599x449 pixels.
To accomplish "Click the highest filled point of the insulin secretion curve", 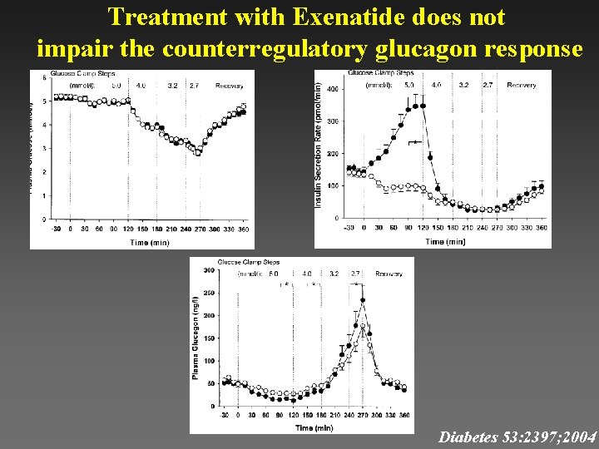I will (423, 106).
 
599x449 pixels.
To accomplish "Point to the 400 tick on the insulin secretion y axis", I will (333, 89).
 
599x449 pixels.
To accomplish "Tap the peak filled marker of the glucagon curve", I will (362, 301).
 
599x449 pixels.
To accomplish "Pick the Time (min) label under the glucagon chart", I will (314, 427).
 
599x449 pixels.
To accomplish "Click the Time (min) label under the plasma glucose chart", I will (151, 243).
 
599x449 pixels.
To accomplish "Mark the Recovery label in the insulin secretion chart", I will (521, 86).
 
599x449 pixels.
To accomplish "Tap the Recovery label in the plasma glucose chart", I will (230, 86).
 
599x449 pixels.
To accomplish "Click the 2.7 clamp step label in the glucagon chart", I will (355, 273).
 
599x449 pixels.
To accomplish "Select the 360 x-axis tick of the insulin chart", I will (542, 228).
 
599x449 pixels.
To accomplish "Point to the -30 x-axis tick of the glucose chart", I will (56, 229).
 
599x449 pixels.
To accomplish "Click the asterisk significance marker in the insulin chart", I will (412, 143).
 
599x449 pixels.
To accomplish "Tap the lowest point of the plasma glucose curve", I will (198, 153).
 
